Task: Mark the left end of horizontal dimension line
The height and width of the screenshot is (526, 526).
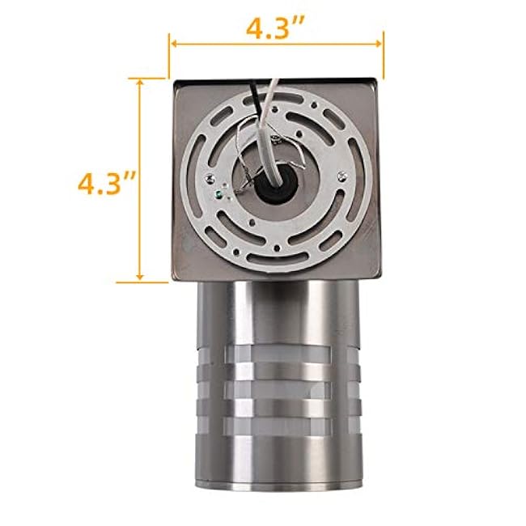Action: pos(169,45)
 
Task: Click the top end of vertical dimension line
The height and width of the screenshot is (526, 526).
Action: pos(142,78)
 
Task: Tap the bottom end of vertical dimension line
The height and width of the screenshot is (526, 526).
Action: pos(142,282)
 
